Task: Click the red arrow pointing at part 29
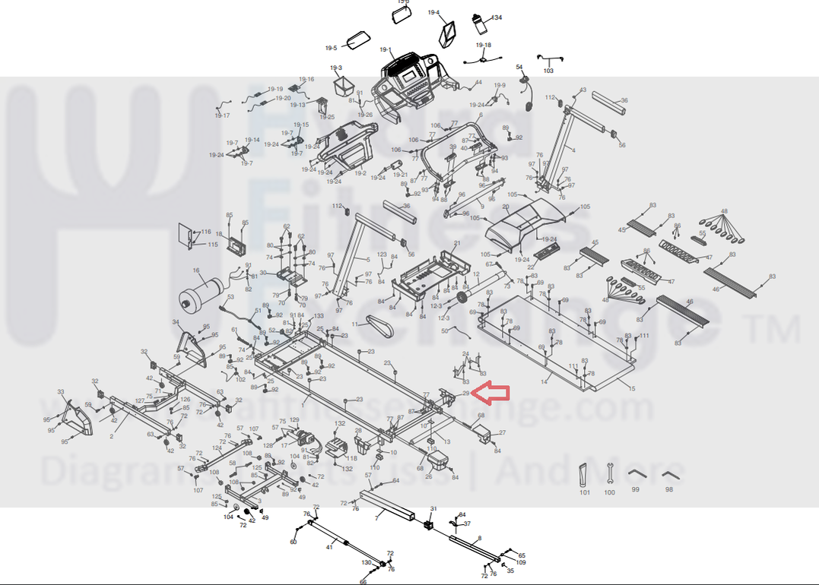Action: point(490,393)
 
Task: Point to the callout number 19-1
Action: point(385,50)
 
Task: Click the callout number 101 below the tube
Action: point(585,493)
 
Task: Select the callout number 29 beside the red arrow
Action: point(465,394)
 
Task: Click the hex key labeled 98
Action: point(669,476)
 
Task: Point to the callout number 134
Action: point(497,17)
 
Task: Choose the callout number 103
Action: point(548,71)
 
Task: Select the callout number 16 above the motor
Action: point(196,270)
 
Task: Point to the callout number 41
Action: point(330,546)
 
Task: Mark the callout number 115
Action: point(213,245)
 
